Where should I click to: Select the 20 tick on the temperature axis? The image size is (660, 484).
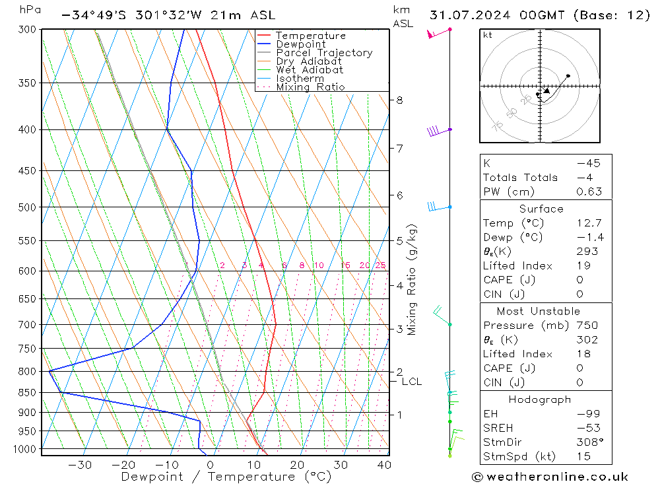pyautogui.click(x=296, y=464)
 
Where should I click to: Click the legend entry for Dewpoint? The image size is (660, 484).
pyautogui.click(x=300, y=44)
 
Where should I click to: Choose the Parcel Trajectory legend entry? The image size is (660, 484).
pyautogui.click(x=324, y=53)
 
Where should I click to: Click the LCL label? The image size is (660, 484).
pyautogui.click(x=411, y=382)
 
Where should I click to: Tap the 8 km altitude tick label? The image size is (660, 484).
pyautogui.click(x=399, y=100)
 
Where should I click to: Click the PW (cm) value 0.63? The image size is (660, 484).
pyautogui.click(x=589, y=191)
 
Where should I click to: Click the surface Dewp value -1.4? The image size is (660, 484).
pyautogui.click(x=589, y=238)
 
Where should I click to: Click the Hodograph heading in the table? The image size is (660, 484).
pyautogui.click(x=540, y=399)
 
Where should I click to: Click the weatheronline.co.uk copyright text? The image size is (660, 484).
pyautogui.click(x=550, y=477)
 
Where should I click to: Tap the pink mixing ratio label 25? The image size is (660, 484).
pyautogui.click(x=380, y=265)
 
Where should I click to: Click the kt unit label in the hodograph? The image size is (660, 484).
pyautogui.click(x=488, y=35)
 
